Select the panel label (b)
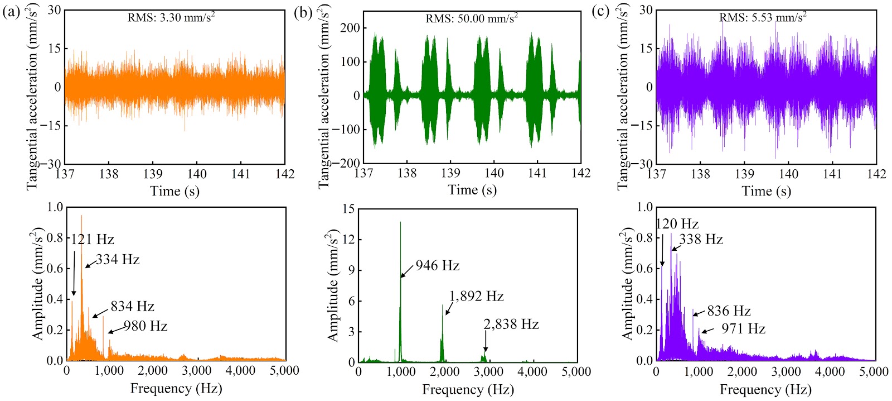pyautogui.click(x=303, y=13)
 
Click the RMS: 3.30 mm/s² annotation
pyautogui.click(x=171, y=17)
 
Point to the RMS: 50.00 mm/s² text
pyautogui.click(x=472, y=18)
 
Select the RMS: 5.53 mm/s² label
pyautogui.click(x=763, y=17)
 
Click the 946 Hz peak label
pyautogui.click(x=438, y=265)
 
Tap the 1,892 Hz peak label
pyautogui.click(x=476, y=296)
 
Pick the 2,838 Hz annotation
pyautogui.click(x=511, y=324)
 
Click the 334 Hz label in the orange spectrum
pyautogui.click(x=118, y=260)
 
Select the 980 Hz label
pyautogui.click(x=146, y=326)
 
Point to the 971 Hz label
pyautogui.click(x=744, y=329)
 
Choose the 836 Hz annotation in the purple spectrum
pyautogui.click(x=729, y=311)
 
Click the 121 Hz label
pyautogui.click(x=93, y=240)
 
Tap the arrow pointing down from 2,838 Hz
pyautogui.click(x=486, y=342)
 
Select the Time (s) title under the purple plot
pyautogui.click(x=766, y=191)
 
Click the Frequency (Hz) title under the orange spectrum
pyautogui.click(x=176, y=388)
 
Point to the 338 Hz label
pyautogui.click(x=701, y=240)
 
